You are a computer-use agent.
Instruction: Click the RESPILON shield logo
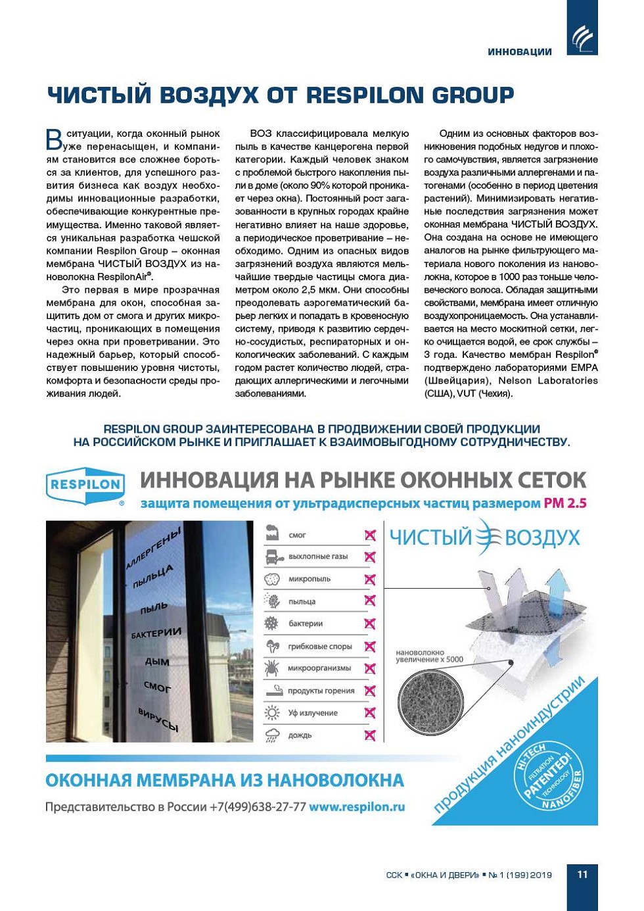point(85,486)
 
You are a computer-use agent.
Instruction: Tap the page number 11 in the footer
point(582,874)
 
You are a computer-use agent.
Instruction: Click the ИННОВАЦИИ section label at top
point(519,52)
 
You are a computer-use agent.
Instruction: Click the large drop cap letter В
point(55,139)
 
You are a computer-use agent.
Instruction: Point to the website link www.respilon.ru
point(357,806)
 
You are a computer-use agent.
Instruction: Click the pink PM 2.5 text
point(564,504)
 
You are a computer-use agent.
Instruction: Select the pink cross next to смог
point(370,535)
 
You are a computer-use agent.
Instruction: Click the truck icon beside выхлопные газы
point(272,557)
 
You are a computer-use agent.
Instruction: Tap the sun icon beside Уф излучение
point(272,713)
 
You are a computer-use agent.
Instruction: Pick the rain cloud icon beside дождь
point(272,735)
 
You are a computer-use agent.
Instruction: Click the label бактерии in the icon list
point(306,624)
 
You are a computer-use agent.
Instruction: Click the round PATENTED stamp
point(547,775)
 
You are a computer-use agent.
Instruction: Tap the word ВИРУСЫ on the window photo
point(158,720)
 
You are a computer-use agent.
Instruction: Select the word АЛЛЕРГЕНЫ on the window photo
point(153,547)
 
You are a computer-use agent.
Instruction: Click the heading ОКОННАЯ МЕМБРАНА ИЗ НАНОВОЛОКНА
point(225,781)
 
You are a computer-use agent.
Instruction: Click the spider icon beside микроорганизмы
point(272,668)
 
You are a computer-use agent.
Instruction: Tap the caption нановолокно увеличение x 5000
point(428,656)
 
